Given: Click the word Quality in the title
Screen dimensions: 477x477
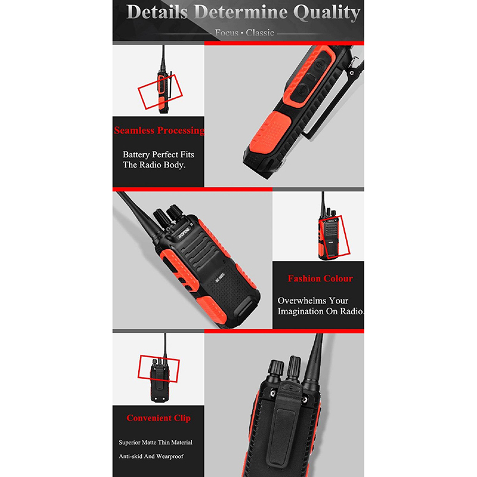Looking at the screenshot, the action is pyautogui.click(x=327, y=13).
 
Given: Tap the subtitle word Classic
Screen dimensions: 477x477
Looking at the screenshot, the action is pyautogui.click(x=260, y=33).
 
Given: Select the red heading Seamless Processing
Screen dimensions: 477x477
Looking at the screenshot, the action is pyautogui.click(x=159, y=130).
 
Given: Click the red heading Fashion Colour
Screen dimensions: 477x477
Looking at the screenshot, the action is pyautogui.click(x=320, y=278).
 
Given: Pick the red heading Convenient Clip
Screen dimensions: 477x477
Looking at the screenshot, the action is pyautogui.click(x=159, y=418).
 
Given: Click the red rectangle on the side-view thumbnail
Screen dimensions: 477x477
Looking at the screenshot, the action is pyautogui.click(x=160, y=92).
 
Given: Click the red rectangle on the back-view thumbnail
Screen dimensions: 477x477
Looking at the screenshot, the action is pyautogui.click(x=159, y=368).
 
